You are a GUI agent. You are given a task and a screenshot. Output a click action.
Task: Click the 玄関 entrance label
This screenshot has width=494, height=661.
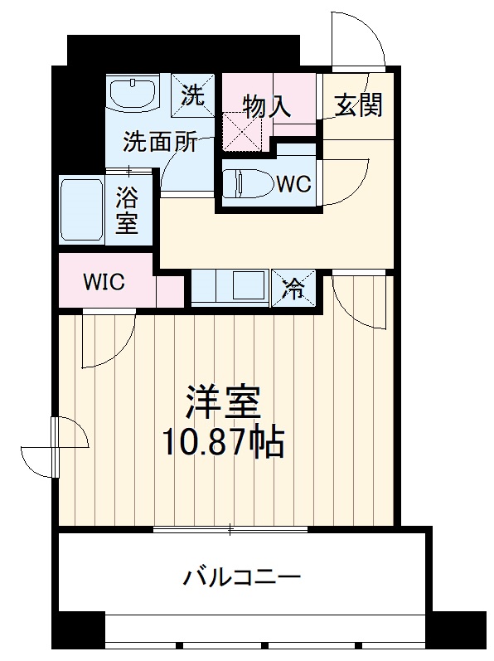pos(359,104)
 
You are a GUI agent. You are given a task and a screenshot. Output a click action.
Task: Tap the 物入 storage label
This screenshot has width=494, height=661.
pos(266,105)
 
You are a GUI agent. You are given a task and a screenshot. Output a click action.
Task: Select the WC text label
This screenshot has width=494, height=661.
pos(293,184)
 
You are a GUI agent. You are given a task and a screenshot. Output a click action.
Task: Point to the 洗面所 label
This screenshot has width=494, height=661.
pos(160,141)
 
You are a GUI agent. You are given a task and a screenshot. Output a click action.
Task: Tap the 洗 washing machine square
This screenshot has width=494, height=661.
pos(193,95)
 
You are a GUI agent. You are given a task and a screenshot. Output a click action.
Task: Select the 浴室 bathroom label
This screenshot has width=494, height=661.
pos(127,211)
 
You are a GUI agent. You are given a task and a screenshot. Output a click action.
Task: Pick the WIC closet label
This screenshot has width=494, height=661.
pos(104,282)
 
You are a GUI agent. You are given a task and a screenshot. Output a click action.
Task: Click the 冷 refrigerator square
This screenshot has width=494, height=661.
pos(293,289)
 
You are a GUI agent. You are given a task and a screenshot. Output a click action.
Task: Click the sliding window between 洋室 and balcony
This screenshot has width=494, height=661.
pos(233,527)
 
